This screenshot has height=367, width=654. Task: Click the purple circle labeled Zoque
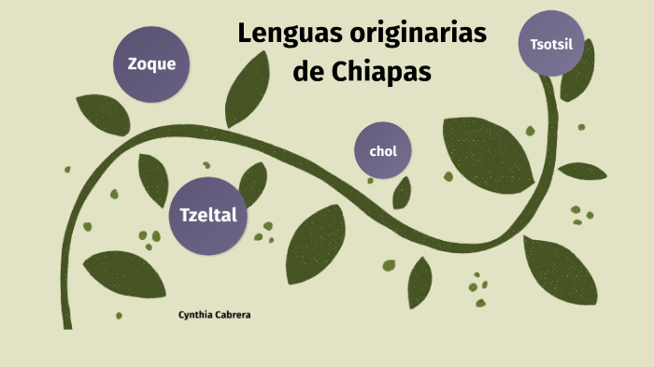151,64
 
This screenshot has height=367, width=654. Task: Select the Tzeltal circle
208,215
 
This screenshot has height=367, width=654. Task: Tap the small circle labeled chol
383,150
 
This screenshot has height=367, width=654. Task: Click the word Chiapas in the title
381,72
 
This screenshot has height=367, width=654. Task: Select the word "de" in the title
308,72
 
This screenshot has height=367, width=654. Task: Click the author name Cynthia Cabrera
214,315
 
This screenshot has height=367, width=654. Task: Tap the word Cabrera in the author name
233,315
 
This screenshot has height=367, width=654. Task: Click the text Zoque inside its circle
151,64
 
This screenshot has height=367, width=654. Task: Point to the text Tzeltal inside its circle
208,215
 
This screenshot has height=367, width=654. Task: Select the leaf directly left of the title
247,89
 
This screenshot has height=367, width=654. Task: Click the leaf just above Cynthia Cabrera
124,273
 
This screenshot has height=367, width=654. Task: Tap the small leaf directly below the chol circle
402,193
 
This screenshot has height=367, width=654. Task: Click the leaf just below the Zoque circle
102,114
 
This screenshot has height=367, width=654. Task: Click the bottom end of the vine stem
67,322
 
